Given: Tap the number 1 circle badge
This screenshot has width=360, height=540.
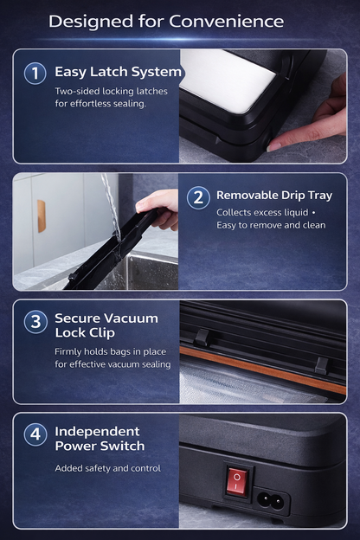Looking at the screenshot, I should point(35,73).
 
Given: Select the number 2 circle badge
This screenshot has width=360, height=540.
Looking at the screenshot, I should point(198,196).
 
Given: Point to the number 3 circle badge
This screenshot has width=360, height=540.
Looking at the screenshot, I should point(35,322).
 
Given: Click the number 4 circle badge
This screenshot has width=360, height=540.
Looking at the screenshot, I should point(35,434).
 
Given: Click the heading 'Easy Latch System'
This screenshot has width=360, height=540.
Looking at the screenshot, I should point(118,73).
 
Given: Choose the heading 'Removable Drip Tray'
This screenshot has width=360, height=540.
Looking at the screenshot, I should point(273,196).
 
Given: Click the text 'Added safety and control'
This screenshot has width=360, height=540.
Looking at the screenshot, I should point(107,468).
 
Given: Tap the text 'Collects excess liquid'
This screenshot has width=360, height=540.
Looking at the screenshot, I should point(262,212).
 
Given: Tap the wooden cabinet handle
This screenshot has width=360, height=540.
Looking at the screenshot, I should point(42,216).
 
